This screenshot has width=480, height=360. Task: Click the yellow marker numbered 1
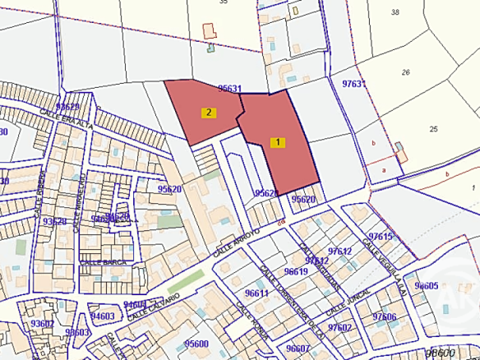[279, 141]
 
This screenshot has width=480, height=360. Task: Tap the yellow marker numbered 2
[210, 113]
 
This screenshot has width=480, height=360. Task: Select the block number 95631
[230, 89]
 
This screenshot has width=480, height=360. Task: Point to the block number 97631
[353, 84]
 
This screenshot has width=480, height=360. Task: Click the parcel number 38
[395, 12]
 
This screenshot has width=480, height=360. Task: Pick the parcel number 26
[405, 72]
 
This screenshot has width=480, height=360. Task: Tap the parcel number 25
[434, 128]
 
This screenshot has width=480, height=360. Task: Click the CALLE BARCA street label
[100, 262]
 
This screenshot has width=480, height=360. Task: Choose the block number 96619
[295, 271]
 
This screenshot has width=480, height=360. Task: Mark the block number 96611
[256, 293]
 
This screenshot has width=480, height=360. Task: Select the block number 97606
[384, 316]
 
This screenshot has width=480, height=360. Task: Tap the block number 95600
[196, 344]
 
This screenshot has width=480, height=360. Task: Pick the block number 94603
[102, 316]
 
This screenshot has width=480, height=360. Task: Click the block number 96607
[298, 348]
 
